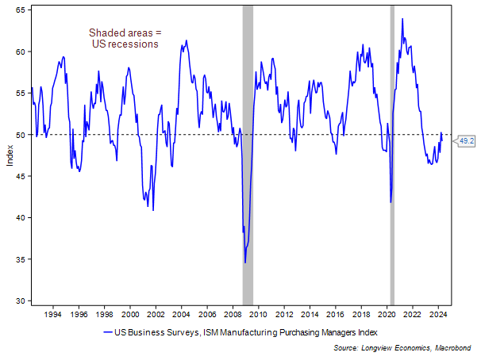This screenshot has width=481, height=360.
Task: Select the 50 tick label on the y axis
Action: click(x=21, y=135)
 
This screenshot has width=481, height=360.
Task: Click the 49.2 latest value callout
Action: click(x=467, y=140)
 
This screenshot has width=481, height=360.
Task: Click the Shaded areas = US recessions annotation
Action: click(x=125, y=38)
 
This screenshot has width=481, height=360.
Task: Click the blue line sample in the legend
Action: click(x=109, y=331)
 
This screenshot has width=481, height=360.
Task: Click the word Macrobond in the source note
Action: click(x=456, y=347)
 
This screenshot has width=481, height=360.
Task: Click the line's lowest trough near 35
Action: click(x=245, y=262)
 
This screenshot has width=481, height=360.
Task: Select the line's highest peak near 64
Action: click(x=402, y=19)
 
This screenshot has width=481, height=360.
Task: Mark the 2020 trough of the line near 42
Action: click(x=391, y=201)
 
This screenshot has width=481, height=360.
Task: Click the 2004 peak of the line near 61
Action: click(x=187, y=40)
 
